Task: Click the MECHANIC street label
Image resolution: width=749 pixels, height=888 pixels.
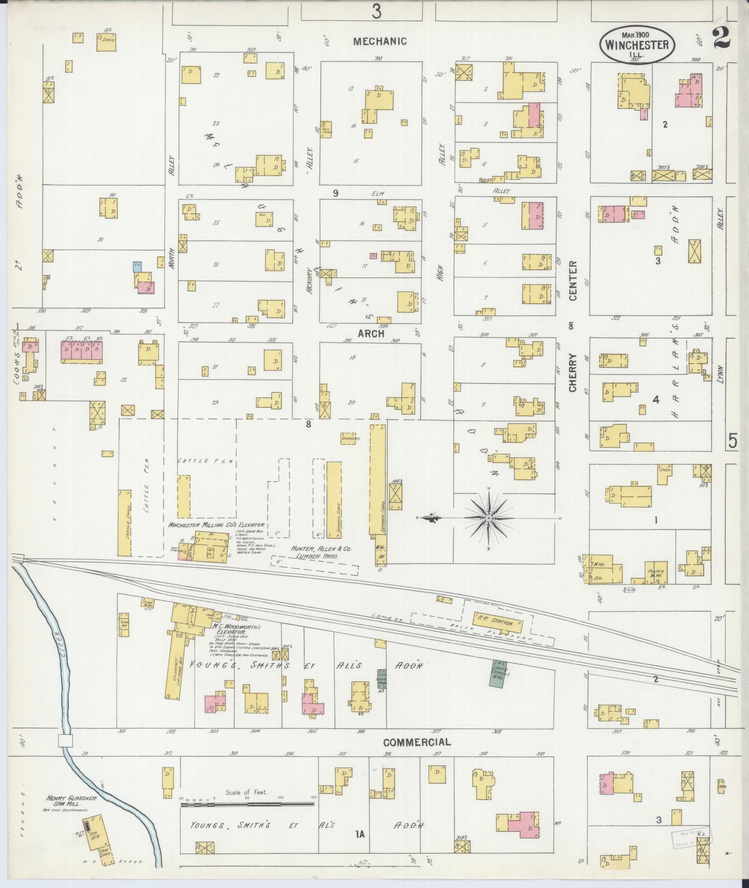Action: (380, 41)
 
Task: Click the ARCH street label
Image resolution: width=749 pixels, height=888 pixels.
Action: (371, 333)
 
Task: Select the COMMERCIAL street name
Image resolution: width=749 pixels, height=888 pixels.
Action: (417, 742)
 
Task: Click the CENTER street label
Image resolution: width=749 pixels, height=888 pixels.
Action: (572, 280)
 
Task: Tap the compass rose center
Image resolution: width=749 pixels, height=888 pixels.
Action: (489, 518)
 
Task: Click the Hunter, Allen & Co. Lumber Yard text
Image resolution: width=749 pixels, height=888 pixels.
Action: (321, 552)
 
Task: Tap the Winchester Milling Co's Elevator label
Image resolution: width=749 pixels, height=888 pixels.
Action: (216, 524)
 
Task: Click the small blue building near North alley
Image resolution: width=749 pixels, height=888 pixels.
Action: (137, 266)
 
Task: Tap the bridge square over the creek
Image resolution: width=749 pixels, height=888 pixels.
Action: (65, 741)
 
